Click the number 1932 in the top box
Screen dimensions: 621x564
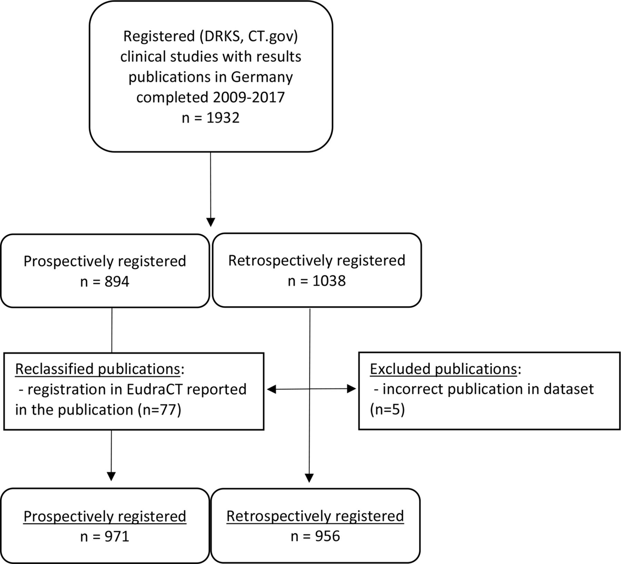[223, 118]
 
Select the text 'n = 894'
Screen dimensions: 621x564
[105, 282]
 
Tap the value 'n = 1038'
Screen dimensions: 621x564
[317, 281]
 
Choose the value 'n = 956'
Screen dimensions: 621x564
[315, 536]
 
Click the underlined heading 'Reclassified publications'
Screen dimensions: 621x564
[98, 369]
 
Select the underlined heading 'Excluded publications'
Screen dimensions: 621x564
[443, 369]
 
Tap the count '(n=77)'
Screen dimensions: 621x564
[159, 410]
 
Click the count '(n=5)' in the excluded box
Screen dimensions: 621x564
[387, 410]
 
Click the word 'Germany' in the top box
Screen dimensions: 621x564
[262, 77]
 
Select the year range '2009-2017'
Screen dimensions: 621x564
[249, 97]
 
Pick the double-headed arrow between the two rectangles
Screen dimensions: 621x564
[312, 389]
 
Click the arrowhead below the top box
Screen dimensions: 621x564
[210, 222]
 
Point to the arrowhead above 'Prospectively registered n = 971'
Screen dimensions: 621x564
[111, 476]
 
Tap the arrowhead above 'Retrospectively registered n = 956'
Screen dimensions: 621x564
[309, 478]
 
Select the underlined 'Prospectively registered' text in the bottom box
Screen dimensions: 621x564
[105, 516]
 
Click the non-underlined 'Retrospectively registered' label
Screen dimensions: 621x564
[317, 261]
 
